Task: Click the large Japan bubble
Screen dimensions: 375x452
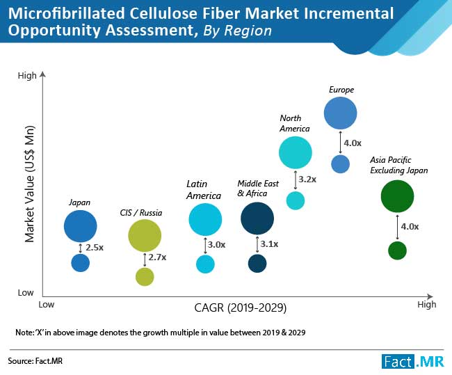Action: (81, 225)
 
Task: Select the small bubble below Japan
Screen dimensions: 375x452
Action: (81, 262)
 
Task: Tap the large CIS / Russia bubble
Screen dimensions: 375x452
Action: (145, 235)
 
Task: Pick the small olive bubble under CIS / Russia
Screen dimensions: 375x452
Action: (145, 277)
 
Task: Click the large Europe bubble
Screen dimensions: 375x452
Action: (340, 113)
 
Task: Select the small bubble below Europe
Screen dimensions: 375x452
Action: (340, 164)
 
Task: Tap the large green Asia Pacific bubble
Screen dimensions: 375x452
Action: (397, 197)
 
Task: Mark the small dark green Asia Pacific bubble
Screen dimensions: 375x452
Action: (397, 250)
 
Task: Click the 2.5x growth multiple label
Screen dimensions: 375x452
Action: (95, 248)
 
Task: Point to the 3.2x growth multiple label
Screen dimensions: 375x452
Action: (307, 179)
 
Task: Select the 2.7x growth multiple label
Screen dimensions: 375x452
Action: (158, 257)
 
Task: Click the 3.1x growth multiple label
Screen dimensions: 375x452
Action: (269, 244)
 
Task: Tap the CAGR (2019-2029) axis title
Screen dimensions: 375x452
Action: (241, 307)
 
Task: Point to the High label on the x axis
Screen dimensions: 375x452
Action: (426, 304)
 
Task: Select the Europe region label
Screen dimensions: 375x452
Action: (341, 90)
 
